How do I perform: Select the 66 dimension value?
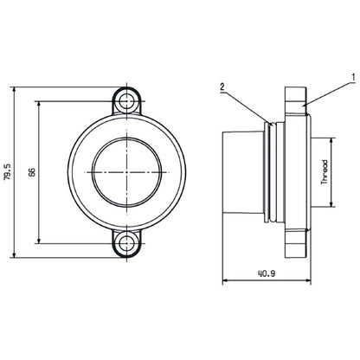pyautogui.click(x=32, y=171)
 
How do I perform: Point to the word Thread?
pyautogui.click(x=324, y=172)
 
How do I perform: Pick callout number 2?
pyautogui.click(x=222, y=87)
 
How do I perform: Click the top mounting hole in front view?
pyautogui.click(x=128, y=100)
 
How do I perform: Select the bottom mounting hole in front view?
pyautogui.click(x=128, y=243)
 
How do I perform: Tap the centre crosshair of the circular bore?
pyautogui.click(x=128, y=171)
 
